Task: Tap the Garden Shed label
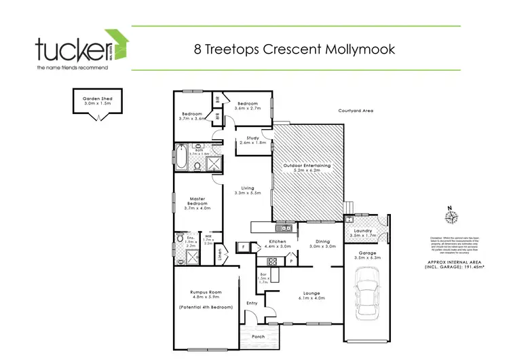(x=97, y=101)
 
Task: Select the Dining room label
(x=322, y=242)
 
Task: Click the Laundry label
(x=364, y=231)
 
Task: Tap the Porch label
(x=258, y=336)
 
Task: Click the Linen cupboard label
(x=220, y=255)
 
